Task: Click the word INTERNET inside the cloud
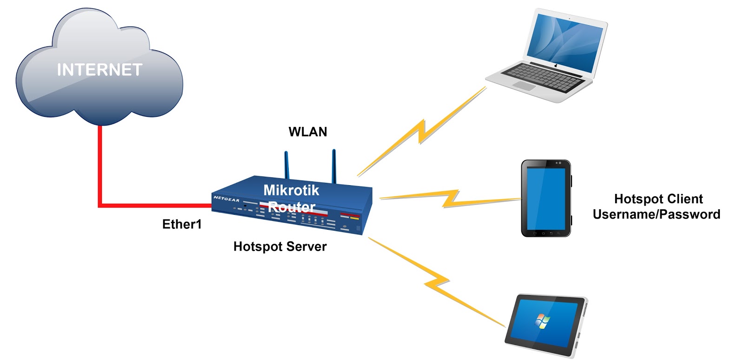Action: (x=100, y=70)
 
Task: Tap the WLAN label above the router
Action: (x=308, y=132)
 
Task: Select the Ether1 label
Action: (x=182, y=224)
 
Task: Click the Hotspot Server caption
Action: (x=280, y=247)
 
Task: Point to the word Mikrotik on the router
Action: (x=291, y=190)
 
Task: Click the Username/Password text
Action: (x=656, y=214)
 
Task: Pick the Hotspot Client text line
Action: (x=658, y=199)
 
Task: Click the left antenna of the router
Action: (x=286, y=165)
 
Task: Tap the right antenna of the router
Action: (x=334, y=165)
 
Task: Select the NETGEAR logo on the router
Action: (x=226, y=199)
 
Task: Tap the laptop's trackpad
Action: (x=524, y=86)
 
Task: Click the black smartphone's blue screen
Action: (x=546, y=198)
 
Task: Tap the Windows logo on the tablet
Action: (x=542, y=321)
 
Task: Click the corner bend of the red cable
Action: (x=100, y=205)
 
